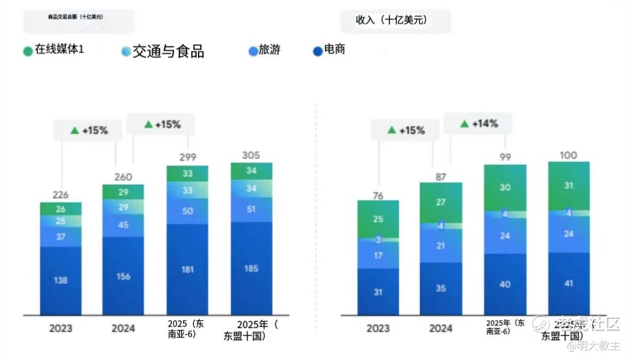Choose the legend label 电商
(x=334, y=50)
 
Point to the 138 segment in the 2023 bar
(x=60, y=280)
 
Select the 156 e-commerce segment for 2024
(x=123, y=276)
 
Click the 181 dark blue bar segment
(x=187, y=269)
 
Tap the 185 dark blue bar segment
(x=251, y=268)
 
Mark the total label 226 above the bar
(x=60, y=194)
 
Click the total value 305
(x=251, y=155)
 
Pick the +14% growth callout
(x=479, y=124)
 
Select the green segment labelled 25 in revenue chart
(x=378, y=219)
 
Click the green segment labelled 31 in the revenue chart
(x=568, y=185)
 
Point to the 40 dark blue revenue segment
(x=505, y=284)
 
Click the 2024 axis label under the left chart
(x=123, y=329)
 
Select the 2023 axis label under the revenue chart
(x=378, y=329)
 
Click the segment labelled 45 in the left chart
(x=123, y=225)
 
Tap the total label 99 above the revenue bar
(x=505, y=157)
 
